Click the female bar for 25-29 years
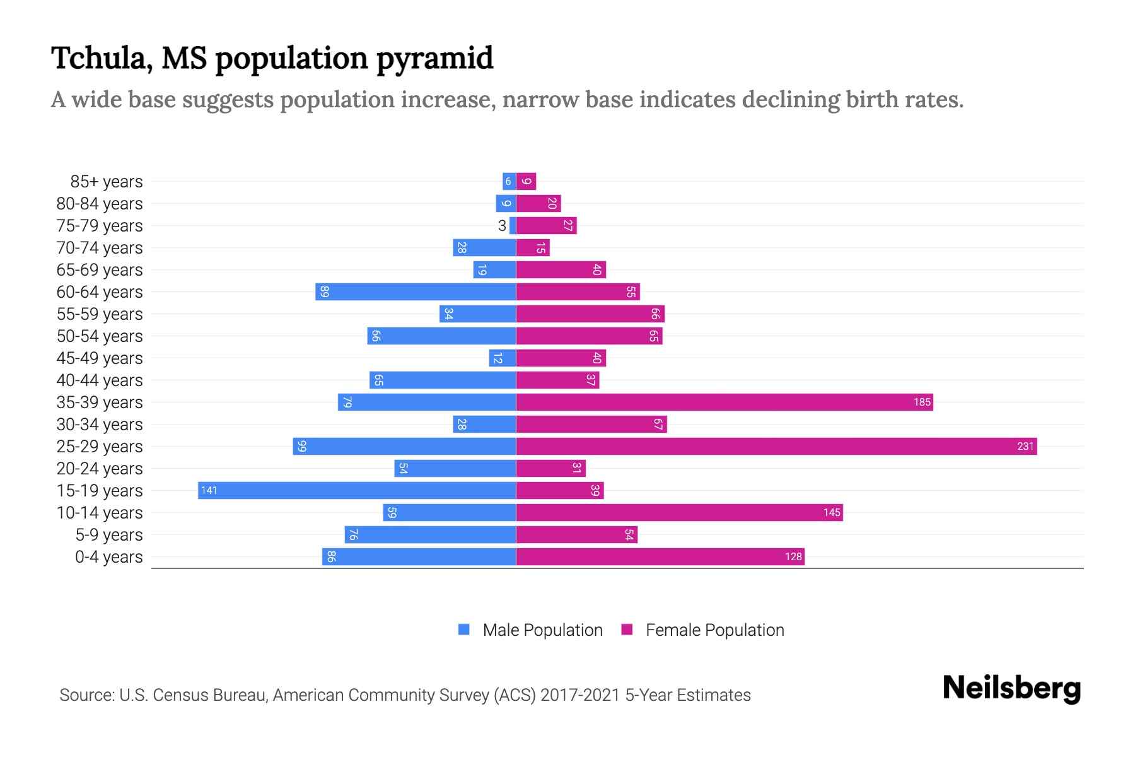pyautogui.click(x=776, y=447)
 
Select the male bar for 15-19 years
pyautogui.click(x=357, y=491)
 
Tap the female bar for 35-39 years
pyautogui.click(x=724, y=402)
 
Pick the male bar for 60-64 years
pyautogui.click(x=416, y=292)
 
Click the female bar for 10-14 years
pyautogui.click(x=679, y=513)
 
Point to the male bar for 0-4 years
pyautogui.click(x=419, y=557)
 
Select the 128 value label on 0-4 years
pyautogui.click(x=793, y=557)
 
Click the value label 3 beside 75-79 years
pyautogui.click(x=502, y=226)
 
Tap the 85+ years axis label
pyautogui.click(x=107, y=182)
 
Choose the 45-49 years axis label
pyautogui.click(x=100, y=358)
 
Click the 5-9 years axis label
pyautogui.click(x=109, y=535)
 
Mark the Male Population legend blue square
pyautogui.click(x=464, y=630)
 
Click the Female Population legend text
pyautogui.click(x=714, y=630)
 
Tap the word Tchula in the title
pyautogui.click(x=98, y=58)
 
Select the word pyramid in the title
pyautogui.click(x=434, y=59)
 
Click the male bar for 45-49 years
pyautogui.click(x=503, y=358)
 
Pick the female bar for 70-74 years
pyautogui.click(x=533, y=248)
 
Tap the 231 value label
pyautogui.click(x=1025, y=447)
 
